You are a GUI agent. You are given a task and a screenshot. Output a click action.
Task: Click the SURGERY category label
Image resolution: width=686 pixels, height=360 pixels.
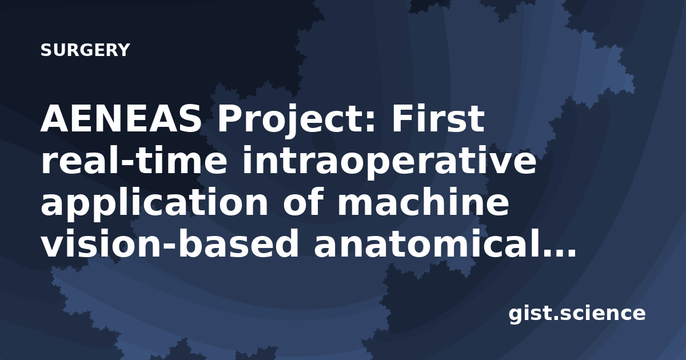coord(85,50)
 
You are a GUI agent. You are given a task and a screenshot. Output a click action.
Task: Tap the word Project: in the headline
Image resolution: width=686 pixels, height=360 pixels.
coord(296,122)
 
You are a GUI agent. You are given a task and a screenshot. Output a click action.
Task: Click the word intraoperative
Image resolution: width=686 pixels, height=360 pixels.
coord(389,163)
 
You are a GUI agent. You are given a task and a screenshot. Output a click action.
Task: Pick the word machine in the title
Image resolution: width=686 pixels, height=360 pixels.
coord(423,202)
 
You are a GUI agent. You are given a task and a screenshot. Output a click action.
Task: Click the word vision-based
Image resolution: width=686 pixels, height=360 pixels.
coord(169,243)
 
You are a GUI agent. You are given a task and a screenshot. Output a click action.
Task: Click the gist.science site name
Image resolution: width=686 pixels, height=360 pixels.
coord(577,314)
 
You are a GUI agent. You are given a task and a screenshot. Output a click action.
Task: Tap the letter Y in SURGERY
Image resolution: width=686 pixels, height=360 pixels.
coord(123,50)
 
